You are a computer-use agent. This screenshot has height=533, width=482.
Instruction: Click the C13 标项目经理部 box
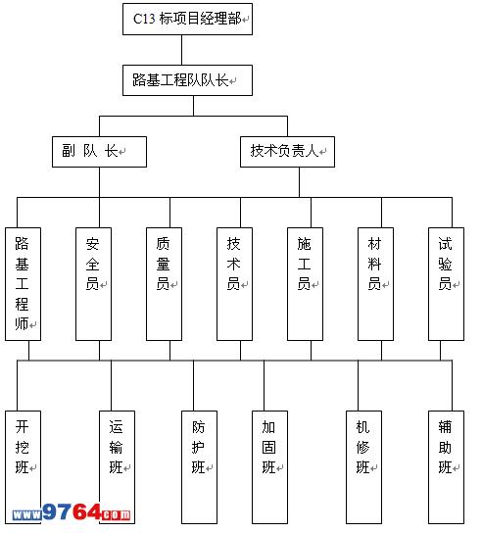187,19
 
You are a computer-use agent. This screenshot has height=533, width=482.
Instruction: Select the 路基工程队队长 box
187,80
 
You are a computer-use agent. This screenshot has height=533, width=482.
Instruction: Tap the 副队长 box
99,152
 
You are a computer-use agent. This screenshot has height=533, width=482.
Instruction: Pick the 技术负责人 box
287,152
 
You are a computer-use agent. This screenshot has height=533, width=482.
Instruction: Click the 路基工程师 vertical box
23,284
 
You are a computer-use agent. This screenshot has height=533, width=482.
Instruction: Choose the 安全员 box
93,284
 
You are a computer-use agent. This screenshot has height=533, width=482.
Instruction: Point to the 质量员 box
164,284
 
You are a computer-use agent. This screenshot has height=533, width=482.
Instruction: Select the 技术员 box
234,284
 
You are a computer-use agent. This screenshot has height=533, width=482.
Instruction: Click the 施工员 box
305,284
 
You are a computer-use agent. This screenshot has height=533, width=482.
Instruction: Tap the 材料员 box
375,284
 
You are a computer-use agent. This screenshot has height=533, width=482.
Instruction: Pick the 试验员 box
446,284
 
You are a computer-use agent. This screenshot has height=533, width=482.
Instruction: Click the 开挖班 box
23,467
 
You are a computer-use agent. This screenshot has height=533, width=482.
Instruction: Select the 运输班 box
117,467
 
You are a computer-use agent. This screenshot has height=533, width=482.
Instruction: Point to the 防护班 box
199,467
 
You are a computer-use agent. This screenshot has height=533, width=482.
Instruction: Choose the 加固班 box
269,467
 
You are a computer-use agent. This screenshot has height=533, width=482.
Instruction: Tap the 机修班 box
363,467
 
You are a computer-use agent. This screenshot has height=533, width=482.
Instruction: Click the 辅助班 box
446,467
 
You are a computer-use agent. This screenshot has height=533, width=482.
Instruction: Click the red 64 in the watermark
86,511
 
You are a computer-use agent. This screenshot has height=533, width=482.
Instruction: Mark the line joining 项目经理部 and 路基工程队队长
181,50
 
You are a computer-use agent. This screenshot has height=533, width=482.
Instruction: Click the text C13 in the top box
144,19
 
